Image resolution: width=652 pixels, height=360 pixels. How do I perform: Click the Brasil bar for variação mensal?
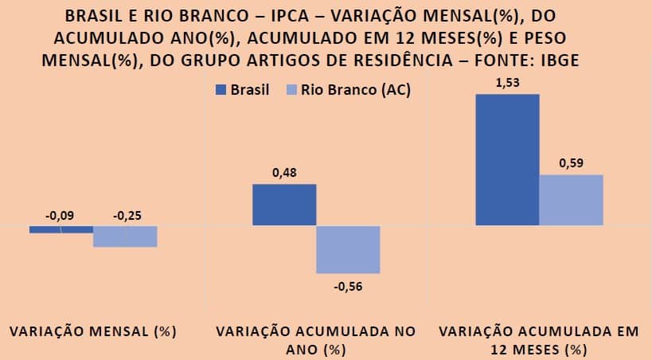coord(61,229)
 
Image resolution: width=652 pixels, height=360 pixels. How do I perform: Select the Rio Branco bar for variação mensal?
coord(125,237)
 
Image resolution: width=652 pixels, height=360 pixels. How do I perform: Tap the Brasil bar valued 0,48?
coord(284,205)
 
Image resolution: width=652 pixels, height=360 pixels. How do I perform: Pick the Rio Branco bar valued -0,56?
coord(348,249)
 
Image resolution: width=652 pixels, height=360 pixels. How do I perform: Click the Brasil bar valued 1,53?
coord(507,159)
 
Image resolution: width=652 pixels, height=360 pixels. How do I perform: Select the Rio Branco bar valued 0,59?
coord(571,200)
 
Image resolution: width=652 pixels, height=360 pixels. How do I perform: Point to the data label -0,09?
coord(61,215)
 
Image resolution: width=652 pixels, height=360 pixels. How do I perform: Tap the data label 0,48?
coord(284,173)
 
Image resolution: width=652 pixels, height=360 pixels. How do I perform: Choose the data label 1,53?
coord(507,82)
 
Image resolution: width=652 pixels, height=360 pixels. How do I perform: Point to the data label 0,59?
coord(571,163)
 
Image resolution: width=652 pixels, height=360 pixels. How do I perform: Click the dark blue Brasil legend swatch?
coord(221,91)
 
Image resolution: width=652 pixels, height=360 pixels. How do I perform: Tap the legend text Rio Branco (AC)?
coord(356,91)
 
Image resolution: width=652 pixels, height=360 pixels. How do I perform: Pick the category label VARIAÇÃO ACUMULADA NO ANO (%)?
coord(316,340)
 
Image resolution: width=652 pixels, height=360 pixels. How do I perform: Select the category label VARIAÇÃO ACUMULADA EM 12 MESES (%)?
coord(539,340)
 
